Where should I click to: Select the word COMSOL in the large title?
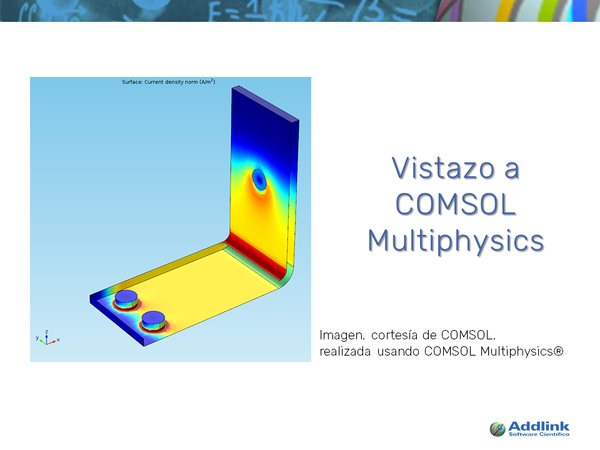point(456,204)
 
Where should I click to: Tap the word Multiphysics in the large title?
point(456,241)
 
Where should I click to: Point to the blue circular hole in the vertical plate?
point(259,179)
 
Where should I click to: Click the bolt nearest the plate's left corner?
point(126,299)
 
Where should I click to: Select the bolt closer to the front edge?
point(153,321)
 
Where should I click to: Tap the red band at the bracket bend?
point(256,256)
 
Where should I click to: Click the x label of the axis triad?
point(58,339)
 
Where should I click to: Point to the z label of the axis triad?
point(47,332)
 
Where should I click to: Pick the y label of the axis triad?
point(37,338)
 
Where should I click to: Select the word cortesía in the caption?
point(394,335)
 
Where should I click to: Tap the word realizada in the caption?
point(345,351)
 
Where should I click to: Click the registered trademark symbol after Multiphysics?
point(559,351)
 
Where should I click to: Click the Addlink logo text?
point(539,426)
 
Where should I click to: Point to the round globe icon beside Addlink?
point(497,429)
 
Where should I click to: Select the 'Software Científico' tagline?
point(539,434)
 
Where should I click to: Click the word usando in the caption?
point(398,351)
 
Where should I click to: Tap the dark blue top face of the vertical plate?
point(266,103)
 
